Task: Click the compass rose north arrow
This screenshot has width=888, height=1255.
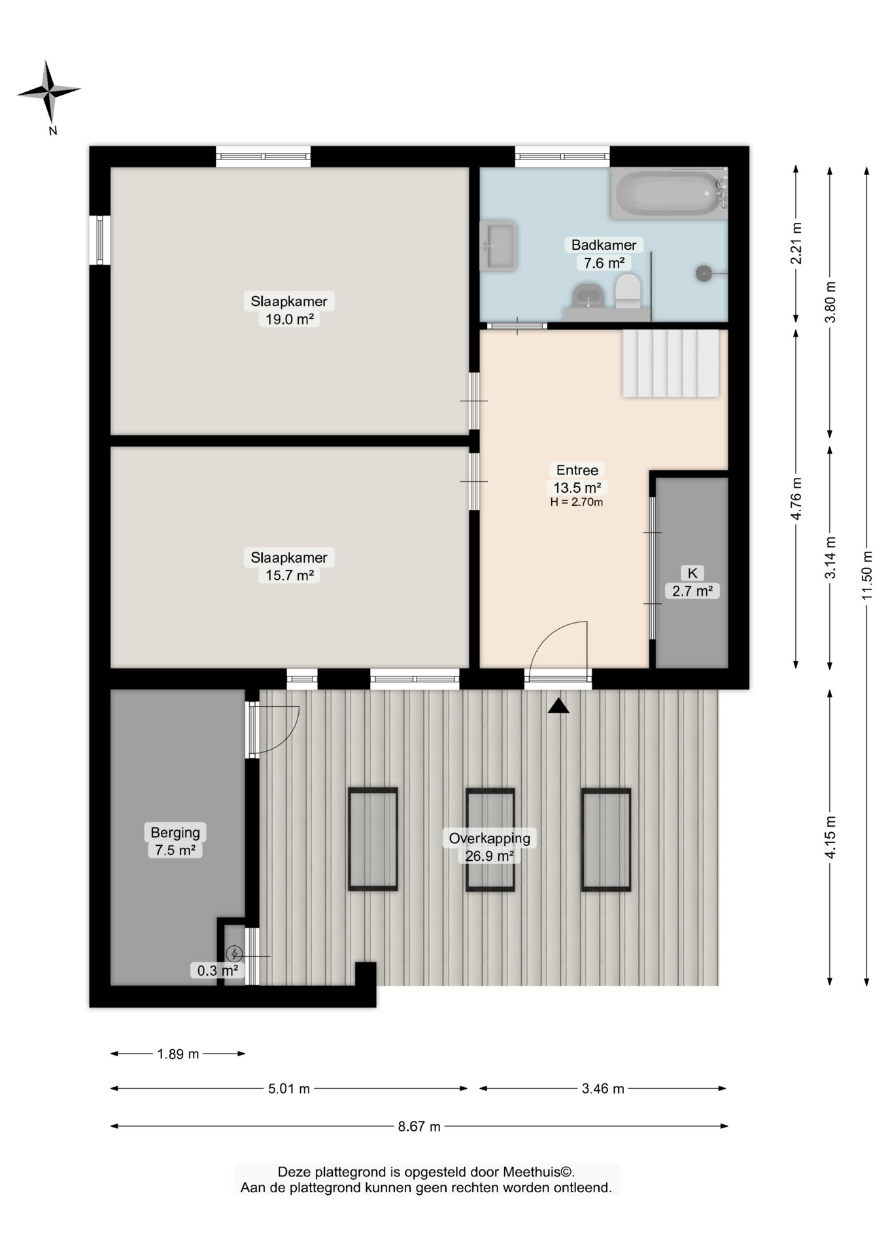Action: (x=48, y=92)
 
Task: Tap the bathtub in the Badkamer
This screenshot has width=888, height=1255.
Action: (x=668, y=193)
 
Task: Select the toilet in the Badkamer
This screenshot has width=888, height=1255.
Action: (x=628, y=291)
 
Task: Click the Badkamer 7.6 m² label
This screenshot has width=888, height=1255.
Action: (x=604, y=254)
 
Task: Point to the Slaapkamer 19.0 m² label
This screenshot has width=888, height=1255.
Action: (x=289, y=310)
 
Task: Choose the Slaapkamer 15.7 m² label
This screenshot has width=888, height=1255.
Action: (x=289, y=566)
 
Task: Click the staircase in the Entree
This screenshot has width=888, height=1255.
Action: (x=671, y=363)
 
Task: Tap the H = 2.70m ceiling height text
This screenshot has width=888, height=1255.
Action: (x=577, y=502)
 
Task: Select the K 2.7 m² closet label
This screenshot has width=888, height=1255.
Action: (x=692, y=582)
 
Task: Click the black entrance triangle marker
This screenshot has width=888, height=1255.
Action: (x=558, y=706)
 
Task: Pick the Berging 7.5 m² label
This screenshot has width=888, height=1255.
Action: (x=175, y=841)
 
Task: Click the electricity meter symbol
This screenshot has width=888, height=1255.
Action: (x=234, y=954)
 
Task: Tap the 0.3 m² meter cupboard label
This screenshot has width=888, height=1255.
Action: (x=218, y=971)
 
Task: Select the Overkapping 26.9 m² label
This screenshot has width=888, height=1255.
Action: (x=490, y=846)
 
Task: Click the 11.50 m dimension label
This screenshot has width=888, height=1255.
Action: (x=867, y=575)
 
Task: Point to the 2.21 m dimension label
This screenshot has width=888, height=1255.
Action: (x=796, y=244)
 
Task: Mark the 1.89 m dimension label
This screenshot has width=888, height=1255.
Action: (x=178, y=1054)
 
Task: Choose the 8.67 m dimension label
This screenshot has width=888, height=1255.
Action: (x=419, y=1126)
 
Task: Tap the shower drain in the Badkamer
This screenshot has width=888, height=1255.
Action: (x=704, y=273)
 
